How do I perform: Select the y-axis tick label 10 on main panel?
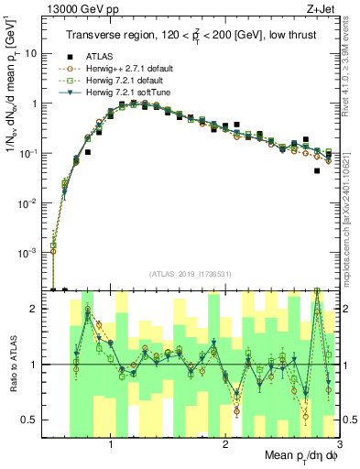tap(34, 53)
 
